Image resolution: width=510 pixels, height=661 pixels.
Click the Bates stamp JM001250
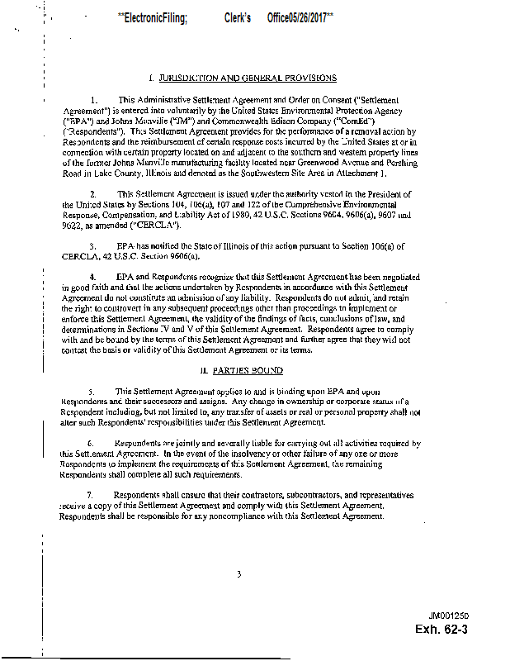(448, 616)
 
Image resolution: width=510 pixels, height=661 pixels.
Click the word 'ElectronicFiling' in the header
(154, 17)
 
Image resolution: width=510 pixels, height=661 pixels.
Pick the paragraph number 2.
(93, 193)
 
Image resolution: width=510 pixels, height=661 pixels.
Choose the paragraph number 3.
(93, 245)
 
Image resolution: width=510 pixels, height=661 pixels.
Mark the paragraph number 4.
(93, 276)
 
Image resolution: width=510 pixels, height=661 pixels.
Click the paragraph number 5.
(92, 391)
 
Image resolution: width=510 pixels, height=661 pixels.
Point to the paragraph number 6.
(92, 443)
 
